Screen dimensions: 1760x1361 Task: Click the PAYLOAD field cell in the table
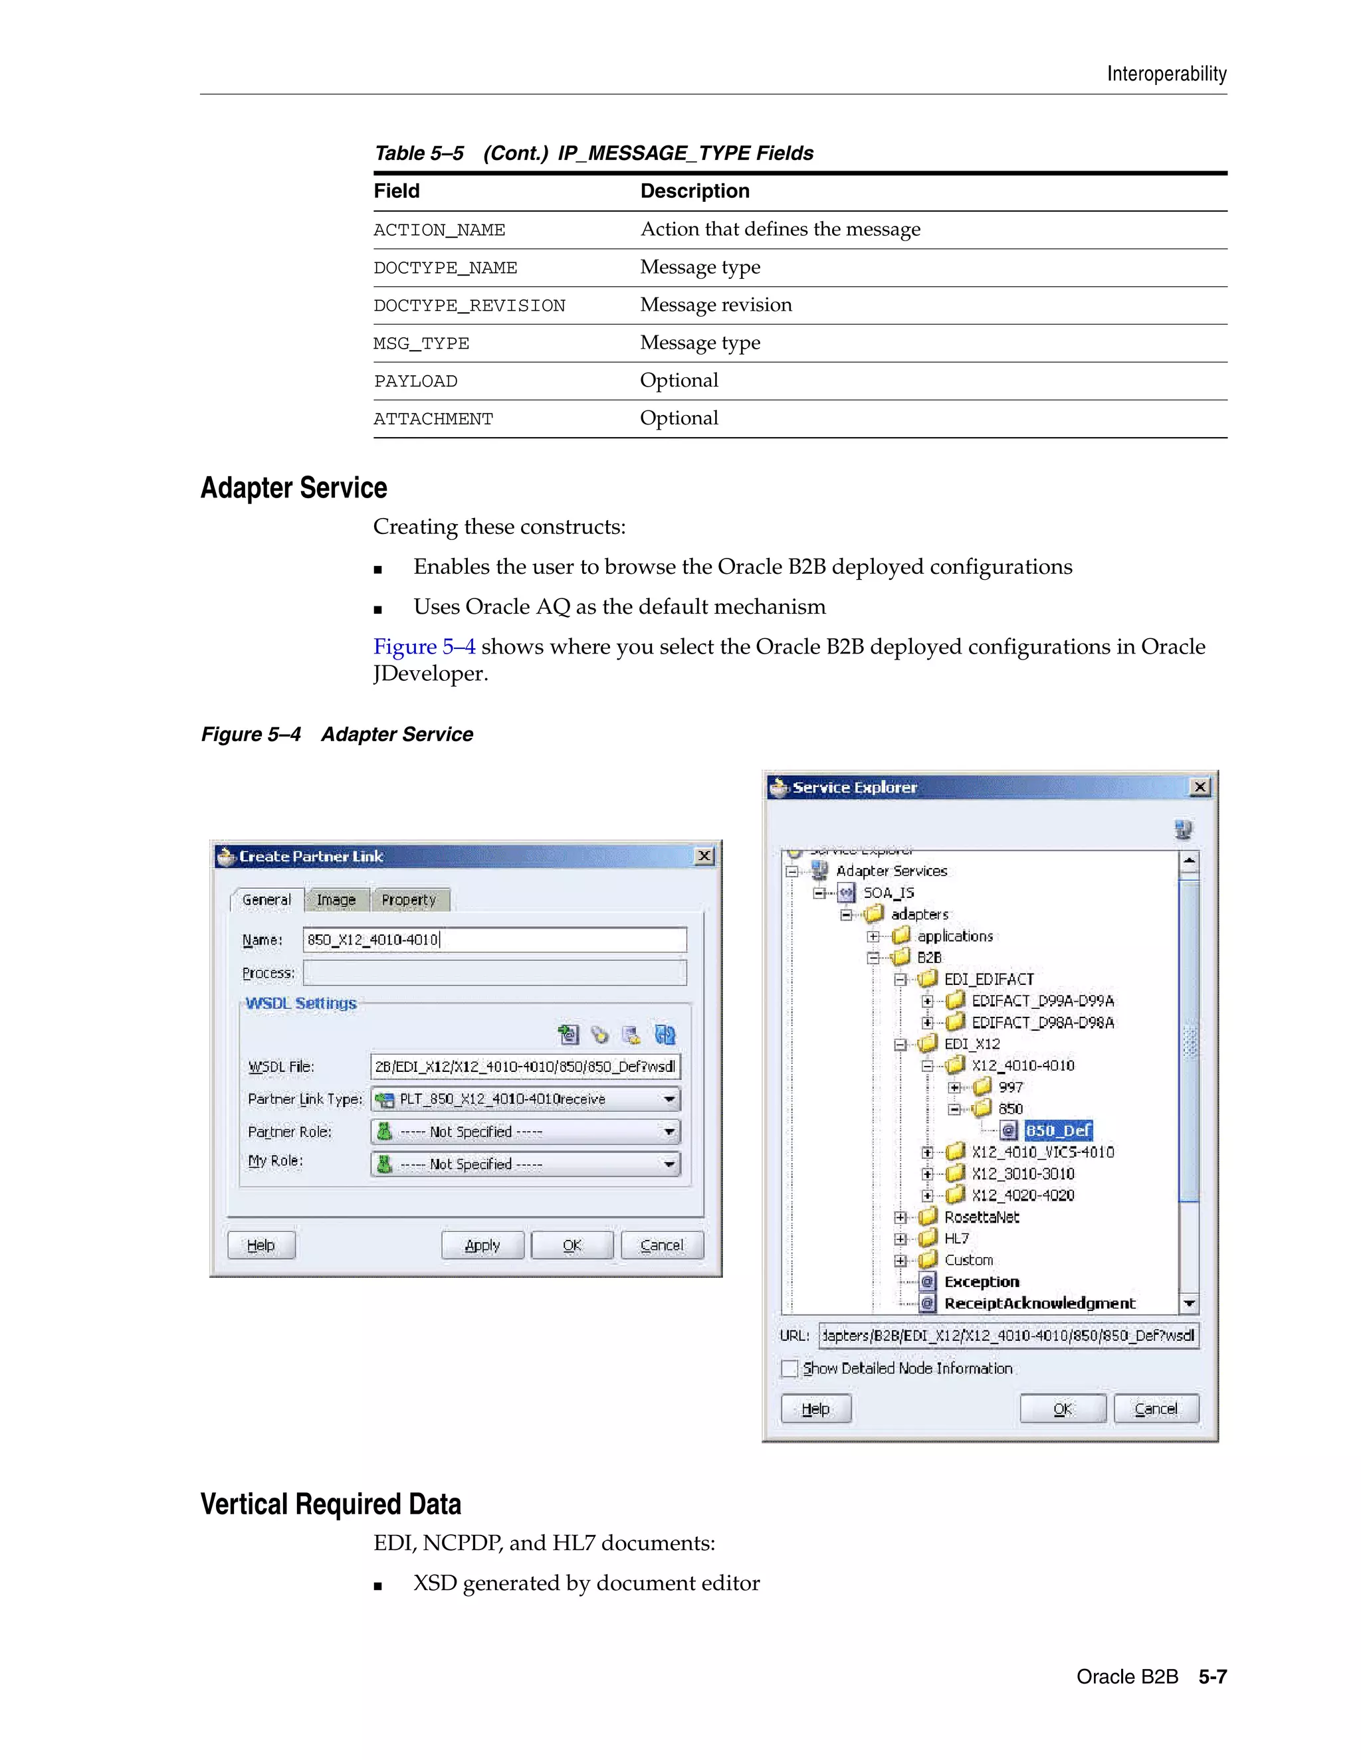[x=415, y=381]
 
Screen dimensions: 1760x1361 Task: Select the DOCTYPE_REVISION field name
[x=469, y=306]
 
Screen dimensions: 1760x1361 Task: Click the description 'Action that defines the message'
[x=780, y=230]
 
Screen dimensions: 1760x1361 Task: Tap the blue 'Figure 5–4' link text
[x=424, y=646]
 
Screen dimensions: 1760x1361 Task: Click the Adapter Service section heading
[x=294, y=488]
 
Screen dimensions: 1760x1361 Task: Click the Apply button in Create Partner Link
[x=482, y=1245]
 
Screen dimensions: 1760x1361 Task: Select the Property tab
[x=409, y=899]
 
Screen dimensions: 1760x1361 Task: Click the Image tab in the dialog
[x=336, y=899]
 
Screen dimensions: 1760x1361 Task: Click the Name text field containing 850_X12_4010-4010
[x=494, y=940]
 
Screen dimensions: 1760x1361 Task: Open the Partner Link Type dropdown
[x=669, y=1099]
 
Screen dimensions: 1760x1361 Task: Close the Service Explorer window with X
[x=1200, y=786]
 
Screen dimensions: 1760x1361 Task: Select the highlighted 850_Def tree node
[x=1058, y=1130]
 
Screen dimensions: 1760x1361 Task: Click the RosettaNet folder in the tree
[x=982, y=1217]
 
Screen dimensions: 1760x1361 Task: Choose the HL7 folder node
[x=956, y=1238]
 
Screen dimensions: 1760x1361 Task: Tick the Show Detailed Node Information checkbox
[x=789, y=1368]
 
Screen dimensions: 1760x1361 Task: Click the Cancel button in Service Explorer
[x=1156, y=1409]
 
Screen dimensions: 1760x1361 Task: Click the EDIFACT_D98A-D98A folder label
[x=1043, y=1022]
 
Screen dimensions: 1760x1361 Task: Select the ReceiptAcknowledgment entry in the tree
[x=1039, y=1303]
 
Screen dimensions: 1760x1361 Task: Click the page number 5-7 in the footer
[x=1212, y=1676]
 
